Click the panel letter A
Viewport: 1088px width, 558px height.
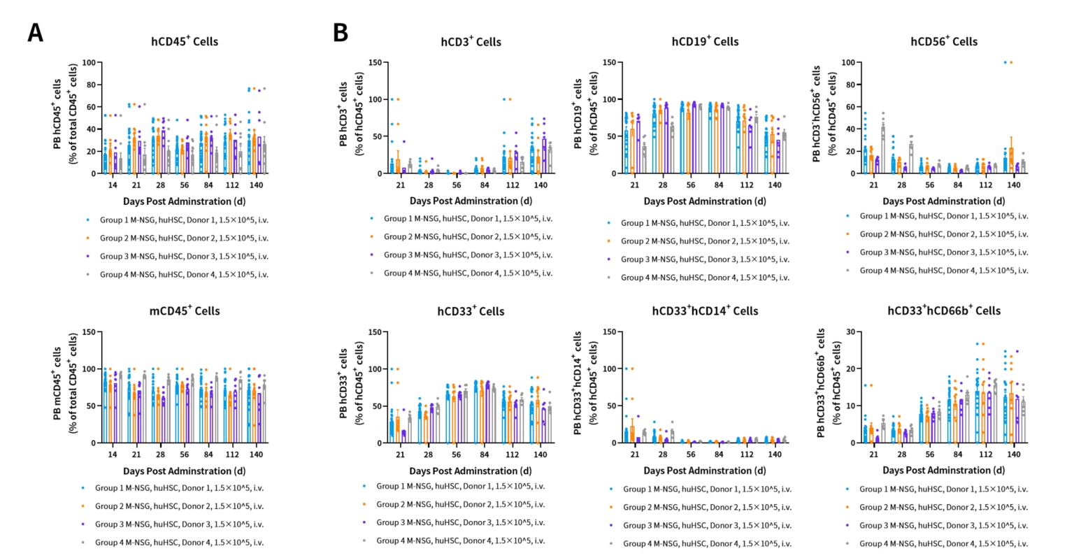click(x=35, y=33)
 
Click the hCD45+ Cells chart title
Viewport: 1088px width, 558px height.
click(x=185, y=41)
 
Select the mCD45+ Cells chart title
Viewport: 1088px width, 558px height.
click(x=185, y=311)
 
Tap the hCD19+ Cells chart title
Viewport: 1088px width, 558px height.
click(x=705, y=41)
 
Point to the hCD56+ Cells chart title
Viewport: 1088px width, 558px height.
click(x=944, y=41)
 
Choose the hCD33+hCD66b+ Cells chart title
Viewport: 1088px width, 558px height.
click(x=944, y=310)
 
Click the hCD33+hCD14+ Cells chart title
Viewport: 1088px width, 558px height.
click(x=705, y=310)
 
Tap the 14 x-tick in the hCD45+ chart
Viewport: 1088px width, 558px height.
click(x=113, y=185)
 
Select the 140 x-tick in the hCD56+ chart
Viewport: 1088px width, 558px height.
click(x=1013, y=185)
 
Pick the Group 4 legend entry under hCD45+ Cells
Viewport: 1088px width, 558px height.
click(x=184, y=274)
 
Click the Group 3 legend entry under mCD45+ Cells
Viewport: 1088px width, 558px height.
click(x=180, y=524)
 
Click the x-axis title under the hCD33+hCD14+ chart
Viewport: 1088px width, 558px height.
click(x=705, y=471)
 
